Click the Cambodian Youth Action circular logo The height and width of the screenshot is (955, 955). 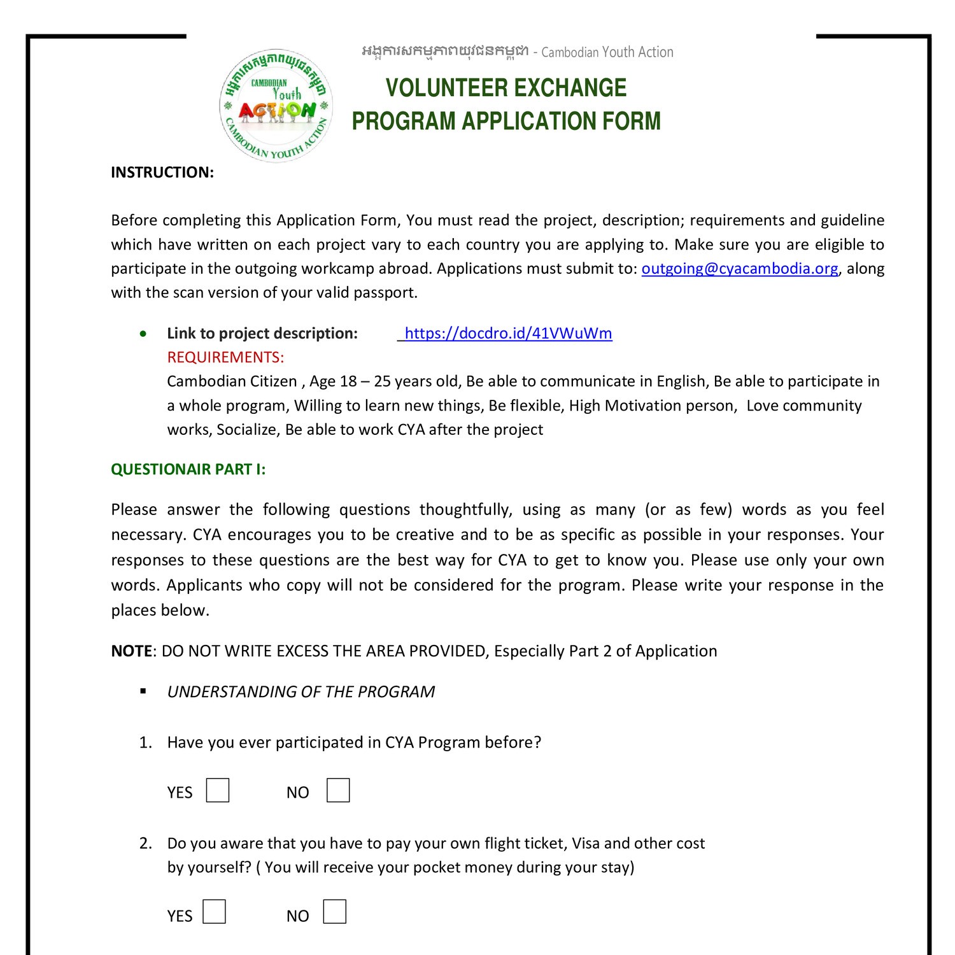276,106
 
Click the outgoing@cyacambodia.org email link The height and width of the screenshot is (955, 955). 739,269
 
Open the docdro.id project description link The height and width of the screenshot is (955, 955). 508,334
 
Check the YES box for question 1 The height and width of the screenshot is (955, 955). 218,791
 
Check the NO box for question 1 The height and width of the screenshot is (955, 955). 338,791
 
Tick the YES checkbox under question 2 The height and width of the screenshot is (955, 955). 215,912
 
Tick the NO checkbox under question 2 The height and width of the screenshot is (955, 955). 335,912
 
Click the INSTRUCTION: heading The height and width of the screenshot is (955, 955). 162,173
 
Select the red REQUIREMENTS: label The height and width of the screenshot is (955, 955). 225,357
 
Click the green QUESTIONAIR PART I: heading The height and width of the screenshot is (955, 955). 188,469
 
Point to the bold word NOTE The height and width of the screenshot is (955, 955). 131,651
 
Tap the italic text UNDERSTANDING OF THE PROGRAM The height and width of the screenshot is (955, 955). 301,692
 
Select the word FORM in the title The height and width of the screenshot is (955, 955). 633,121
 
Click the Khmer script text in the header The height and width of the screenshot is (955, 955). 444,51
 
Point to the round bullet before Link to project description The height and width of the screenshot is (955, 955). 144,334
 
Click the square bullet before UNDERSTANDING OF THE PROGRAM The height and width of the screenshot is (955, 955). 143,691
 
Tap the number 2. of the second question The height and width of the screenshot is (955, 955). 146,844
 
